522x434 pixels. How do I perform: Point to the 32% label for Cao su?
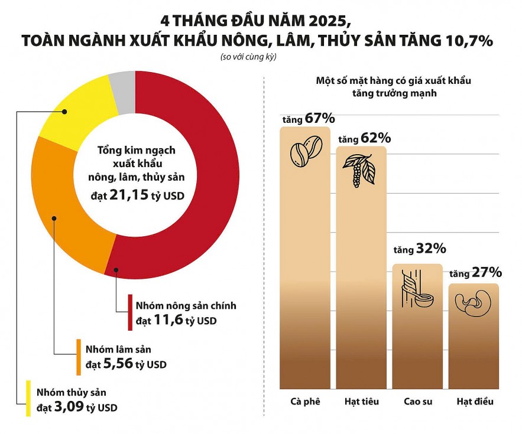coord(429,248)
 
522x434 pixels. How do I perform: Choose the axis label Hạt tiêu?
coord(361,402)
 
